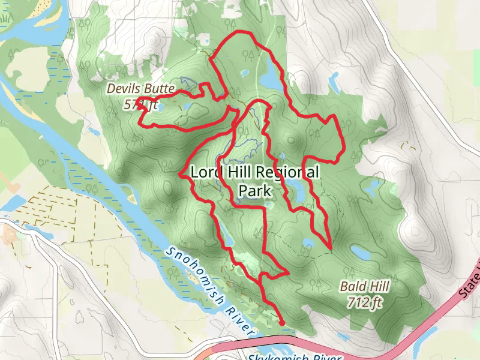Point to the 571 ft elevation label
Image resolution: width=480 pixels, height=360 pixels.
[140, 104]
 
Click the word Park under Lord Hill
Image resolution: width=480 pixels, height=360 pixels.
[256, 191]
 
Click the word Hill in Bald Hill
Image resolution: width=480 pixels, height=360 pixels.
[376, 287]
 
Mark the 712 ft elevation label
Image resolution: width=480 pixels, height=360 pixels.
[364, 302]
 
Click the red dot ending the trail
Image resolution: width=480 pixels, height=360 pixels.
[282, 322]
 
